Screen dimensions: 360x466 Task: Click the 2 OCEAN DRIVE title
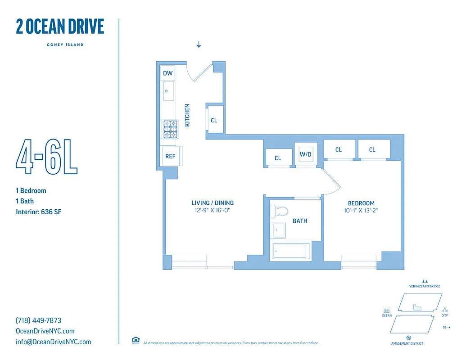tap(60, 27)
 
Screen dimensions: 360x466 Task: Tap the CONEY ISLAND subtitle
tap(65, 45)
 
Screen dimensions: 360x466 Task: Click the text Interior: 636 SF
tap(38, 212)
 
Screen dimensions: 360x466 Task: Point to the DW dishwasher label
tap(167, 73)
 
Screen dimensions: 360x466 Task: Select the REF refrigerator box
tap(170, 156)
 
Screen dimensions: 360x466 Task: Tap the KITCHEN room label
tap(187, 115)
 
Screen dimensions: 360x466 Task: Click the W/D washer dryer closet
tap(306, 155)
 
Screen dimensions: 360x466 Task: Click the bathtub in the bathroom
tap(290, 252)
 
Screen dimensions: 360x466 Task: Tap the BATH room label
tap(300, 221)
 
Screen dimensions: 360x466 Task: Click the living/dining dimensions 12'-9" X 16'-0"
tap(213, 210)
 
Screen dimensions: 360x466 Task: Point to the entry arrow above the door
tap(199, 44)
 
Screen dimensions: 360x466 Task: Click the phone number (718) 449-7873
tap(38, 320)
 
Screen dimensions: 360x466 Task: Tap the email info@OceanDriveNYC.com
tap(53, 342)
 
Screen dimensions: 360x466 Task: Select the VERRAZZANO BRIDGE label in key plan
tap(425, 286)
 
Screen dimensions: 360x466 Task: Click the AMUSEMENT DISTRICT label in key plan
tap(407, 343)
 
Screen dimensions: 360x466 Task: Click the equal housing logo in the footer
tap(135, 340)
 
